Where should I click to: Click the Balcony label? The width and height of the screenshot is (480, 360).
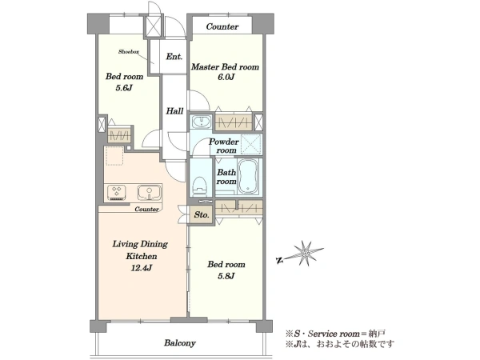click(180, 343)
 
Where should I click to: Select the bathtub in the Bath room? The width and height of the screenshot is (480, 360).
click(248, 176)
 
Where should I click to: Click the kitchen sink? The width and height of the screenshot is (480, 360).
click(149, 192)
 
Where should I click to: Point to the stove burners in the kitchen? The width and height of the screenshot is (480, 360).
click(116, 193)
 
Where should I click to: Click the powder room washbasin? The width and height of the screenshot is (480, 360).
click(202, 122)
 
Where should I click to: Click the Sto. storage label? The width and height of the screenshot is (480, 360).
click(202, 215)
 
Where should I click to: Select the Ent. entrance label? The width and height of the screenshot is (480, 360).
click(174, 57)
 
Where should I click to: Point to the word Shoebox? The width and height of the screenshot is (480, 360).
click(129, 52)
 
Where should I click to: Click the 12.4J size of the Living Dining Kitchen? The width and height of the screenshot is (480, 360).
click(142, 268)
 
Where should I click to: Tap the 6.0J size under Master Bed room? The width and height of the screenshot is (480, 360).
click(226, 77)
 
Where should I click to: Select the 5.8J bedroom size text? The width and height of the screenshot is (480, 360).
click(226, 276)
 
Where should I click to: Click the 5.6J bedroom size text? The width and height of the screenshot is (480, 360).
click(124, 88)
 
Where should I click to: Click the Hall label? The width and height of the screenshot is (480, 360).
click(174, 111)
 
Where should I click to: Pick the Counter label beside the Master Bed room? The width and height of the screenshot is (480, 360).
click(222, 26)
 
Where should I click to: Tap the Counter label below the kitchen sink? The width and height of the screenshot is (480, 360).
click(147, 210)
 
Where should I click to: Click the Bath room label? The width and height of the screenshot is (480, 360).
click(226, 177)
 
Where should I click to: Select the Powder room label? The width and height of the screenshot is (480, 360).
click(224, 146)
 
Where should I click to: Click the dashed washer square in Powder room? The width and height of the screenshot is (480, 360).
click(251, 143)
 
